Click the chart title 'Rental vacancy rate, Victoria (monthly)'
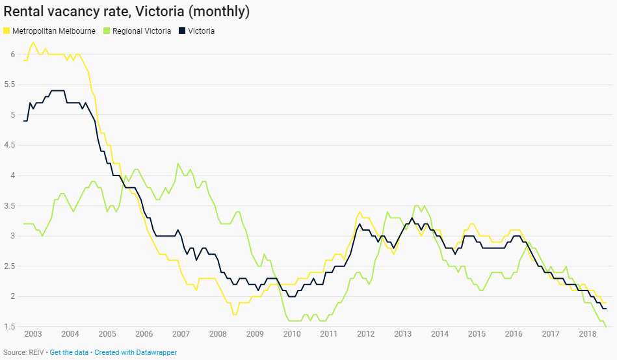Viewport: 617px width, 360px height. coord(126,12)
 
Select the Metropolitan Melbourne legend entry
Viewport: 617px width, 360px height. coord(54,31)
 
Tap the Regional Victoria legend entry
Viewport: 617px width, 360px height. coord(141,31)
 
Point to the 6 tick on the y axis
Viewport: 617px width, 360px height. coord(12,55)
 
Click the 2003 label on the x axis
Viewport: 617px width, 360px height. coord(33,334)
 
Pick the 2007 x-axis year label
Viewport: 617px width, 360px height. coord(181,334)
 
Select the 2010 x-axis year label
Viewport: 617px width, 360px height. coord(292,334)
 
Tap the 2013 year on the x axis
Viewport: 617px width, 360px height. coord(403,334)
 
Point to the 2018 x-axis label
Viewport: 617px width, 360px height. coord(588,334)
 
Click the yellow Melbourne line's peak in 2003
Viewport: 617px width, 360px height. coord(33,42)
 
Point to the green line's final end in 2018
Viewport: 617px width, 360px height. coord(607,326)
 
